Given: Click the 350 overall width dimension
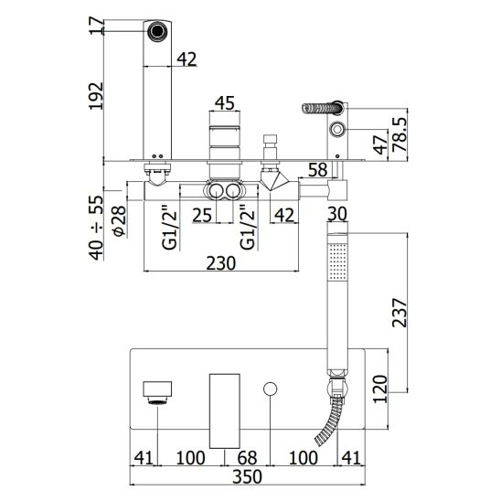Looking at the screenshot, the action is pyautogui.click(x=247, y=476).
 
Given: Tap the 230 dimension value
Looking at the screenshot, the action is pyautogui.click(x=220, y=263).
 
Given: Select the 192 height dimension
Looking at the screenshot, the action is pyautogui.click(x=97, y=96).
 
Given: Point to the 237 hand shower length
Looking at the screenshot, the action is pyautogui.click(x=400, y=313).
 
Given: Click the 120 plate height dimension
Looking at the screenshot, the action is pyautogui.click(x=380, y=389).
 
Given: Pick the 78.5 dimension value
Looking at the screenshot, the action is pyautogui.click(x=400, y=134).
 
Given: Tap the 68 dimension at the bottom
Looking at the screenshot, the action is pyautogui.click(x=247, y=457).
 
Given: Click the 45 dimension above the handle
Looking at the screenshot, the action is pyautogui.click(x=225, y=103).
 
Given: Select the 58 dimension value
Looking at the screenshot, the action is pyautogui.click(x=318, y=170).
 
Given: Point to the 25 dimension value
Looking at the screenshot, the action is pyautogui.click(x=202, y=215).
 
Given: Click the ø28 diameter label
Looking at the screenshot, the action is pyautogui.click(x=120, y=220).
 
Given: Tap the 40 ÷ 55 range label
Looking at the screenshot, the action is pyautogui.click(x=97, y=228).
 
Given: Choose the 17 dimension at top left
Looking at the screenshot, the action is pyautogui.click(x=97, y=27).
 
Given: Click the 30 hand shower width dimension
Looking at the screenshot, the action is pyautogui.click(x=337, y=214).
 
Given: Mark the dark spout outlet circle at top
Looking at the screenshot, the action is pyautogui.click(x=157, y=31).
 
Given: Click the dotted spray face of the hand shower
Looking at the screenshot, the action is pyautogui.click(x=337, y=261).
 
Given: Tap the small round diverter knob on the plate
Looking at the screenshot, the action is pyautogui.click(x=271, y=389).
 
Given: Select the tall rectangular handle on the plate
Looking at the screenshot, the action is pyautogui.click(x=224, y=410).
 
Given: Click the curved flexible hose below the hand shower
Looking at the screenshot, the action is pyautogui.click(x=328, y=421).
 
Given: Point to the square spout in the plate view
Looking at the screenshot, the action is pyautogui.click(x=157, y=389).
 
